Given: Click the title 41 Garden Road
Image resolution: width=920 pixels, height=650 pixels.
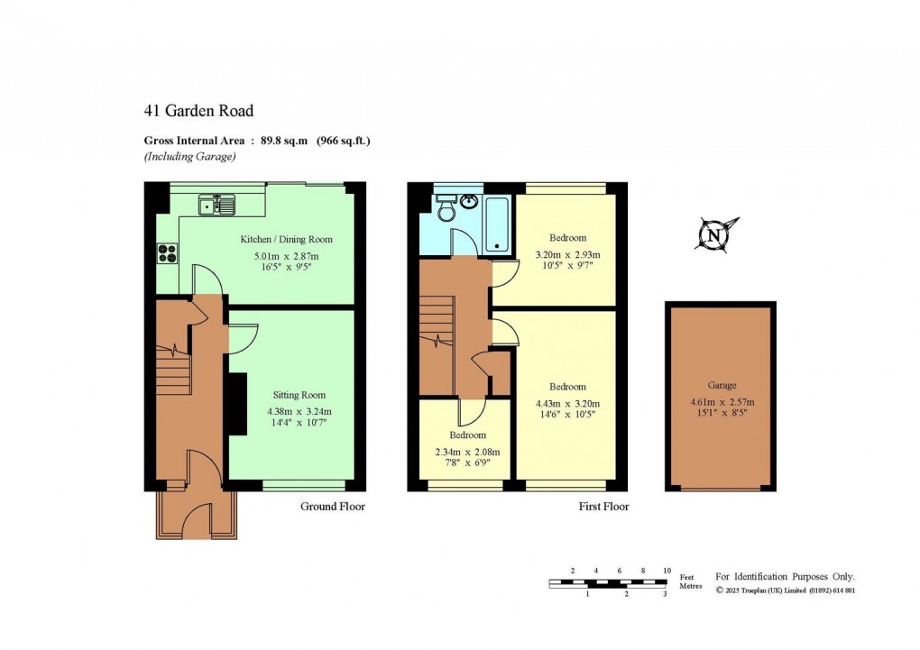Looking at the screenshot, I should point(198,111).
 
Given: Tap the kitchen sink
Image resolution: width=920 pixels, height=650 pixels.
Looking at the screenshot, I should point(217,206).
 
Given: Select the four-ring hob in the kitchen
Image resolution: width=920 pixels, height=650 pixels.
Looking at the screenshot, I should point(168,253).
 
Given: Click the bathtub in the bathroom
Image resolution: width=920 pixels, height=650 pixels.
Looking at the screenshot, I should point(498,224).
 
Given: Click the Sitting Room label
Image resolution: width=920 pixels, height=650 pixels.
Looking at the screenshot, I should point(299,395).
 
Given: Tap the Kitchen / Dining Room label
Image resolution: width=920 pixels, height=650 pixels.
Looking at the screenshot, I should point(286,240).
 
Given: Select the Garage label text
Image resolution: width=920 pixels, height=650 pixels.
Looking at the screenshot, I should point(722,385).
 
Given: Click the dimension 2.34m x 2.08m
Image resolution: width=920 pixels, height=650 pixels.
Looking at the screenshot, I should point(468,453).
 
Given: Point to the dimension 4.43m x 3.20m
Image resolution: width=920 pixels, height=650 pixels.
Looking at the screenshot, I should point(567,404).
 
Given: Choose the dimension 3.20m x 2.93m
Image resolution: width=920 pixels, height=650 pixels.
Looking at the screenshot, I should point(567,255).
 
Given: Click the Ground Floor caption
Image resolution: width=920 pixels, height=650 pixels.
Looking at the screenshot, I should point(332,507).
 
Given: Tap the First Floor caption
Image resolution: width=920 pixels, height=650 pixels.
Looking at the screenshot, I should point(603,507).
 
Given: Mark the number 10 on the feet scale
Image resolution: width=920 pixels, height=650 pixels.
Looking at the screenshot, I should point(667,571).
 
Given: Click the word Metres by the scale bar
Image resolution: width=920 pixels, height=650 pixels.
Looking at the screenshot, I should point(691,586).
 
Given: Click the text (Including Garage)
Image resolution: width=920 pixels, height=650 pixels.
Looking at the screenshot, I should point(189,156).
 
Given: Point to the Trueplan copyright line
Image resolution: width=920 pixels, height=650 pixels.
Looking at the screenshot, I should point(785,590).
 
